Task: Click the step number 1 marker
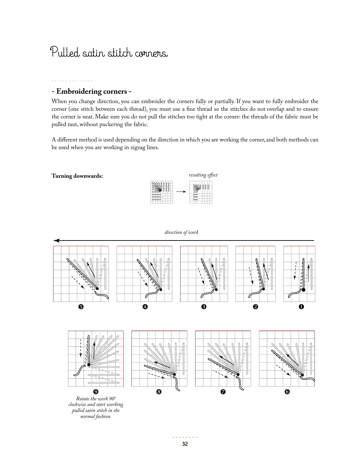(301, 307)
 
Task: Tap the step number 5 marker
(81, 307)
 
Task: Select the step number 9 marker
(96, 392)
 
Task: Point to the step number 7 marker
(223, 392)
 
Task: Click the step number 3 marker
(204, 307)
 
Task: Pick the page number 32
(185, 444)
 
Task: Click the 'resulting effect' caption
(203, 175)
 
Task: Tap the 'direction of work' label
(181, 232)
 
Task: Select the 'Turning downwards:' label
(77, 176)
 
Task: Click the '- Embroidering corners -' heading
(91, 91)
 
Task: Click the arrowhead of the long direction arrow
(56, 240)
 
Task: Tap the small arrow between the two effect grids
(181, 191)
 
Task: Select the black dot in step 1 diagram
(303, 290)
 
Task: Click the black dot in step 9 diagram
(89, 365)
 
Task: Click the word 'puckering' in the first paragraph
(124, 124)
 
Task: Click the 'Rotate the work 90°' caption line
(96, 399)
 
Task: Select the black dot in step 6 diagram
(302, 375)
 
